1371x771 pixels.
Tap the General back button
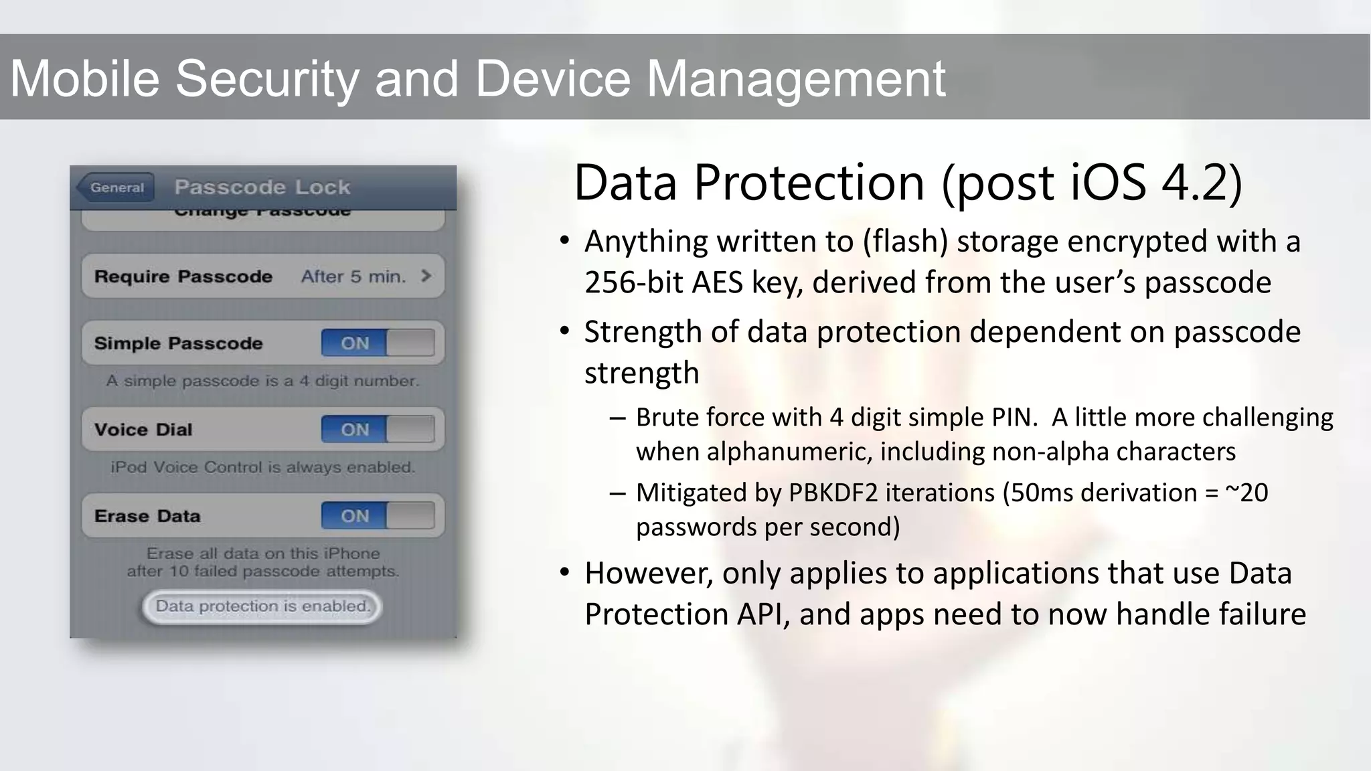116,187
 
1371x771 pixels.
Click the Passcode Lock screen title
262,187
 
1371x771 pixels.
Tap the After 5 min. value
353,276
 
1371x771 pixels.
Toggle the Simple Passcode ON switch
378,343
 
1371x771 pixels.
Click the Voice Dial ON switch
378,430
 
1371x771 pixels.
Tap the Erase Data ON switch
378,516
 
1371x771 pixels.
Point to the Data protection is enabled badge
262,606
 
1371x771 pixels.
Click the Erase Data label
147,516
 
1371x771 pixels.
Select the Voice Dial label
143,430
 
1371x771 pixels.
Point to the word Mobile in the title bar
84,78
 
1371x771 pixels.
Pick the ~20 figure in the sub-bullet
1246,493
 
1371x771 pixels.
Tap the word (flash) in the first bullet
905,242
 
